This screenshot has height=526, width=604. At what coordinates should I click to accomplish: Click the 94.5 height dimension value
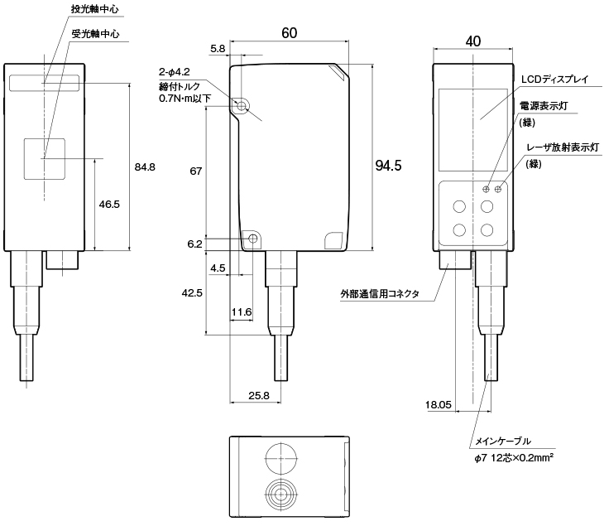(388, 166)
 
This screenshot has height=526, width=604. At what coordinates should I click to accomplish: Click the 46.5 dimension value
(109, 204)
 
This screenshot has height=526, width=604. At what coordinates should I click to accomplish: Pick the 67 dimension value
(196, 171)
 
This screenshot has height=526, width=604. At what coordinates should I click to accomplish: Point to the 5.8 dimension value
(218, 50)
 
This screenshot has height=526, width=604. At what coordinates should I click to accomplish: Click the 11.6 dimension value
(242, 311)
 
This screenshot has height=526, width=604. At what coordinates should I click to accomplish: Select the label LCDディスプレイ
(554, 80)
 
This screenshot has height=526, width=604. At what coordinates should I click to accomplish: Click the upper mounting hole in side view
(242, 107)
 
